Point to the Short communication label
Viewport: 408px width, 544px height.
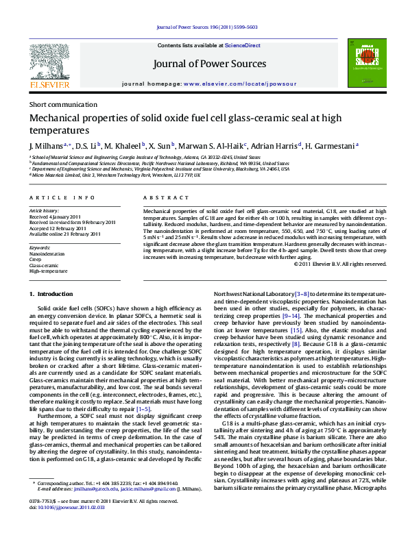click(63, 105)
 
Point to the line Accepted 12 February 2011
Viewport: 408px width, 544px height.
click(58, 228)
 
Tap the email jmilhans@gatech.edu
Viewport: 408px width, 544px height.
click(77, 508)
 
